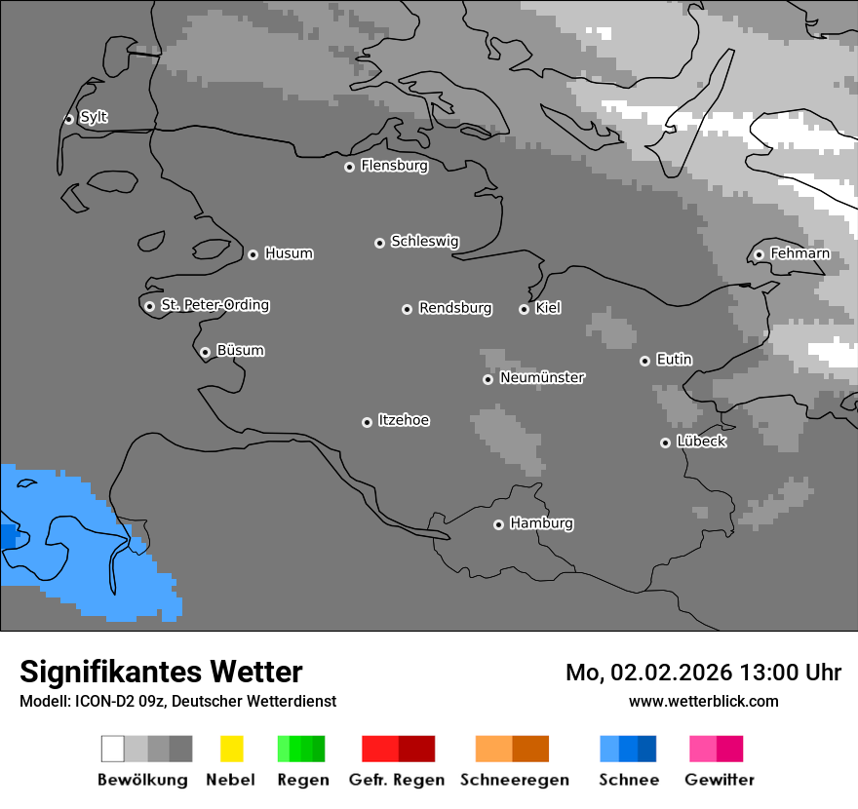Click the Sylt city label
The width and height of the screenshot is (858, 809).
[94, 117]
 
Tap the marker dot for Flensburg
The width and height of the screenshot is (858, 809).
[349, 167]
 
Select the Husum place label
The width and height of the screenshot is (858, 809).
[289, 253]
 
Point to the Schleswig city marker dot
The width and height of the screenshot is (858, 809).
[379, 243]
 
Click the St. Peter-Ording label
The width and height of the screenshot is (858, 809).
[214, 305]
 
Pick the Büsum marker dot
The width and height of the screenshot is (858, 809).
[205, 352]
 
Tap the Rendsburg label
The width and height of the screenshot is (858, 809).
[455, 308]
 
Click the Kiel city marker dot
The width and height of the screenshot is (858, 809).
[524, 309]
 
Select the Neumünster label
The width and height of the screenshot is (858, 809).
[542, 377]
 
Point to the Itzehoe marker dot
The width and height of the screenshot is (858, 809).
[367, 422]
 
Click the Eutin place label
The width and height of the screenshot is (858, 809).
[674, 360]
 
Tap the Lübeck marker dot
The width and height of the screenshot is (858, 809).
[665, 443]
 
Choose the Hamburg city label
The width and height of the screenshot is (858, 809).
[541, 523]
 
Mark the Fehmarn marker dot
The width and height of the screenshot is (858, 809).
[759, 255]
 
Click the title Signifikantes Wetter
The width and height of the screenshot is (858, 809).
[161, 672]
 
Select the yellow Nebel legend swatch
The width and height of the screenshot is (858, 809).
[231, 749]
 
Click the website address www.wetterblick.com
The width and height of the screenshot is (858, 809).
[703, 701]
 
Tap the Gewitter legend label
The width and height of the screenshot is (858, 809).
[720, 780]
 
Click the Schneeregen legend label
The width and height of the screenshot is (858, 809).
[514, 780]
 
